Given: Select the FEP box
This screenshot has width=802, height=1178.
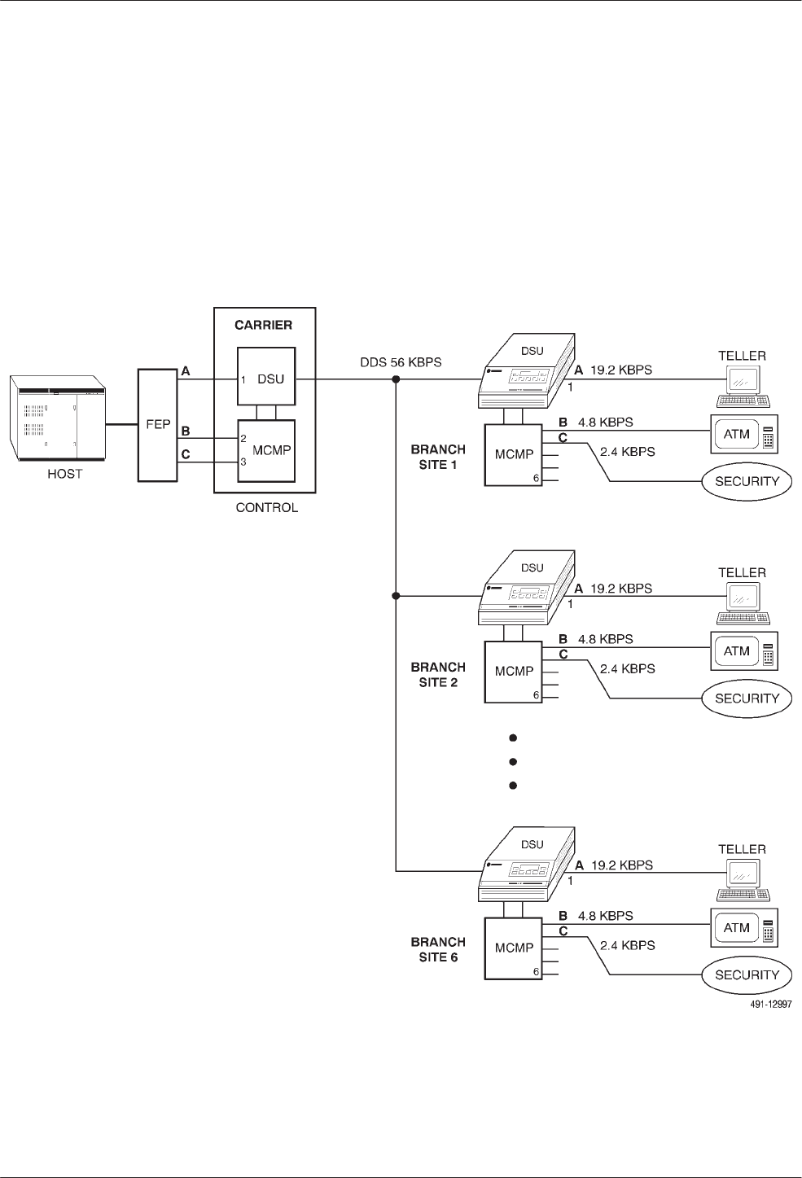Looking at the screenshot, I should click(158, 424).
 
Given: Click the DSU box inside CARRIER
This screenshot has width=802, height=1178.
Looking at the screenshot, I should click(266, 378).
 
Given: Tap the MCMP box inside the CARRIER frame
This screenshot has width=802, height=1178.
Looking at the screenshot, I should click(266, 451).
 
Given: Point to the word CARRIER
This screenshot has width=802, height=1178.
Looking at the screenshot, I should click(264, 325).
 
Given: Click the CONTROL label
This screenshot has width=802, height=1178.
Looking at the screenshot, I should click(266, 508).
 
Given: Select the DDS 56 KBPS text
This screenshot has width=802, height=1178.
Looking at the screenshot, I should click(401, 361).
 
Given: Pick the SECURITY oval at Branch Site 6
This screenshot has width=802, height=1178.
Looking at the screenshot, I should click(747, 974).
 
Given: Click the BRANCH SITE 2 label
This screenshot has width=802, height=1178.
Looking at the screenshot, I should click(438, 674).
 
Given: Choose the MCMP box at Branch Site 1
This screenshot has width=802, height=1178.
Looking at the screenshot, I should click(514, 454).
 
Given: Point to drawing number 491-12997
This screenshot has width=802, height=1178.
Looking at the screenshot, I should click(770, 1005).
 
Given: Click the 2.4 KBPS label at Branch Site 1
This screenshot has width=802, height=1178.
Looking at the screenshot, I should click(627, 451).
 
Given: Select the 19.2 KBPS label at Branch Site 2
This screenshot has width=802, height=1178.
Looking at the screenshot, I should click(621, 588).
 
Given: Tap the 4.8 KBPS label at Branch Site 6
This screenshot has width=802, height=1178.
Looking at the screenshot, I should click(605, 916).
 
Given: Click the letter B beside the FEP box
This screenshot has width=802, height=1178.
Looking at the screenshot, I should click(186, 430).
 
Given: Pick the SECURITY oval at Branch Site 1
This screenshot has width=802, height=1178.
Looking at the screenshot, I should click(747, 481).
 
